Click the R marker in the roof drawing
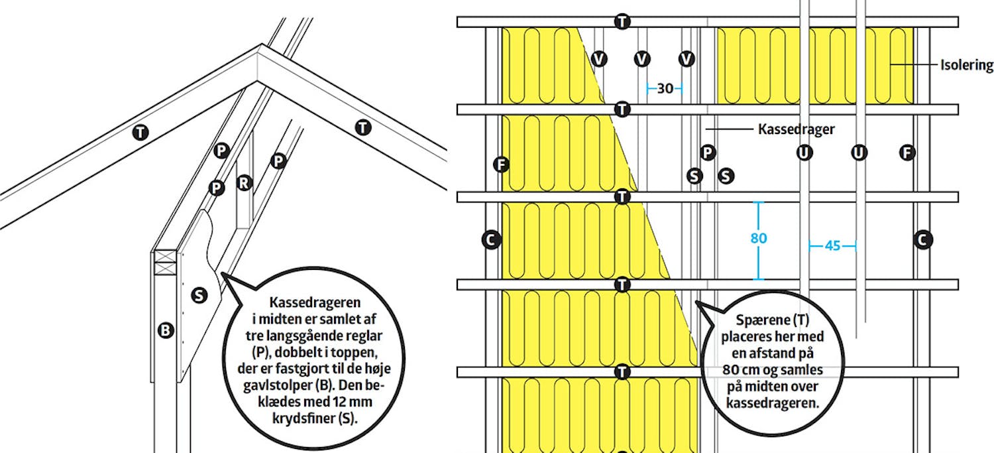click(x=244, y=182)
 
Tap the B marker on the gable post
click(x=166, y=330)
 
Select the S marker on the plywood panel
click(x=199, y=295)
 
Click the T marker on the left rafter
click(x=140, y=132)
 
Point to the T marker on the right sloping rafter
click(x=363, y=127)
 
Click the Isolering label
click(x=966, y=65)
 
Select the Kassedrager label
click(x=796, y=129)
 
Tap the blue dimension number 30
click(x=665, y=89)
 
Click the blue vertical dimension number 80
click(x=758, y=239)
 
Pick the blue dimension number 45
click(x=832, y=245)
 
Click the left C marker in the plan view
click(x=491, y=240)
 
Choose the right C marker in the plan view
click(x=923, y=240)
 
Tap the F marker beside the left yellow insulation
click(x=502, y=164)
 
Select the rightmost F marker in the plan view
click(x=907, y=153)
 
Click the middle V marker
click(x=641, y=58)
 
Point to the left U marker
click(x=804, y=153)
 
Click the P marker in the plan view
click(x=707, y=153)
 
